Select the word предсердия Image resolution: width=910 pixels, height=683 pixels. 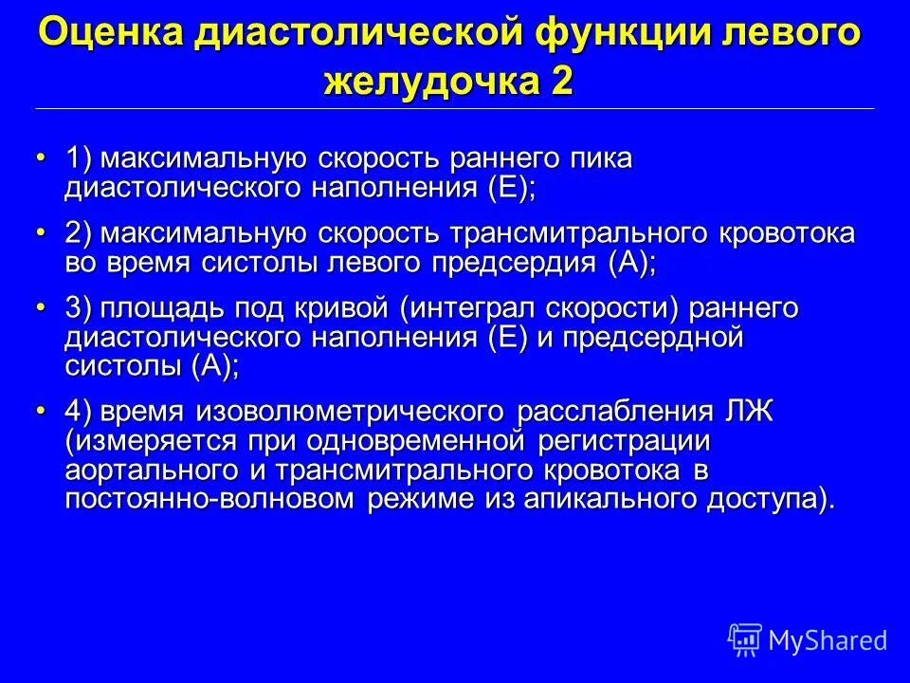click(x=507, y=263)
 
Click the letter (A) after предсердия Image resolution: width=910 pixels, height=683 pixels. click(x=630, y=263)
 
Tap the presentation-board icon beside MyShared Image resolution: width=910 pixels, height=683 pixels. click(x=744, y=639)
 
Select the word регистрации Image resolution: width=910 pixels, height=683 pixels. click(x=625, y=441)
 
